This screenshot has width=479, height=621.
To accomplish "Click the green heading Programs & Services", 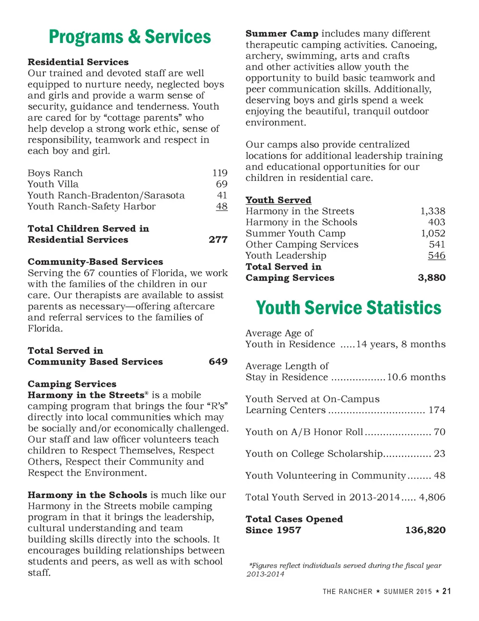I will pyautogui.click(x=130, y=37).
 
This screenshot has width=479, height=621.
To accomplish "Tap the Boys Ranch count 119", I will pyautogui.click(x=220, y=173).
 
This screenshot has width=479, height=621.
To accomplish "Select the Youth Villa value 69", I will pyautogui.click(x=222, y=184).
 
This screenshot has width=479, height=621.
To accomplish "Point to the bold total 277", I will pyautogui.click(x=218, y=240).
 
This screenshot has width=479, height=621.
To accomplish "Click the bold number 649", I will pyautogui.click(x=218, y=362).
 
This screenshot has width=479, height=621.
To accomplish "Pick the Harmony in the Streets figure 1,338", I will pyautogui.click(x=433, y=211).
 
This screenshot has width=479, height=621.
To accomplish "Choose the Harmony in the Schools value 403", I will pyautogui.click(x=437, y=222).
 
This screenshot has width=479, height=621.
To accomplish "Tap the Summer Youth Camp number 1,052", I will pyautogui.click(x=433, y=233).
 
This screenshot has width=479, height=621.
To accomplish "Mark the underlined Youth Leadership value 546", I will pyautogui.click(x=437, y=256).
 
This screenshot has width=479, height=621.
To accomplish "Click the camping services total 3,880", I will pyautogui.click(x=431, y=278).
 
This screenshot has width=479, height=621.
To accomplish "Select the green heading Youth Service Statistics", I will pyautogui.click(x=348, y=308).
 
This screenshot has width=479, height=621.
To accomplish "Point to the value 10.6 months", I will pyautogui.click(x=416, y=377).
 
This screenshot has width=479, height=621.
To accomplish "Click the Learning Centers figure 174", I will pyautogui.click(x=437, y=410).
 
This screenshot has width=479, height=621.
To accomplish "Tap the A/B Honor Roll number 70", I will pyautogui.click(x=440, y=432).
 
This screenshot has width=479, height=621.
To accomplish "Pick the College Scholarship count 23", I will pyautogui.click(x=440, y=454).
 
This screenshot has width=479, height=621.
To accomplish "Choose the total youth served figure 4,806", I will pyautogui.click(x=432, y=497).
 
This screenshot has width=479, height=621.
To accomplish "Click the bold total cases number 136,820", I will pyautogui.click(x=425, y=530).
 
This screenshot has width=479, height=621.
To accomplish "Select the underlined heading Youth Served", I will pyautogui.click(x=278, y=200).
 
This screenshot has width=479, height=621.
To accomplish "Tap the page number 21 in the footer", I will pyautogui.click(x=447, y=591).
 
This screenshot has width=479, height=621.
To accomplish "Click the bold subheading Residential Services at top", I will pyautogui.click(x=78, y=62).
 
